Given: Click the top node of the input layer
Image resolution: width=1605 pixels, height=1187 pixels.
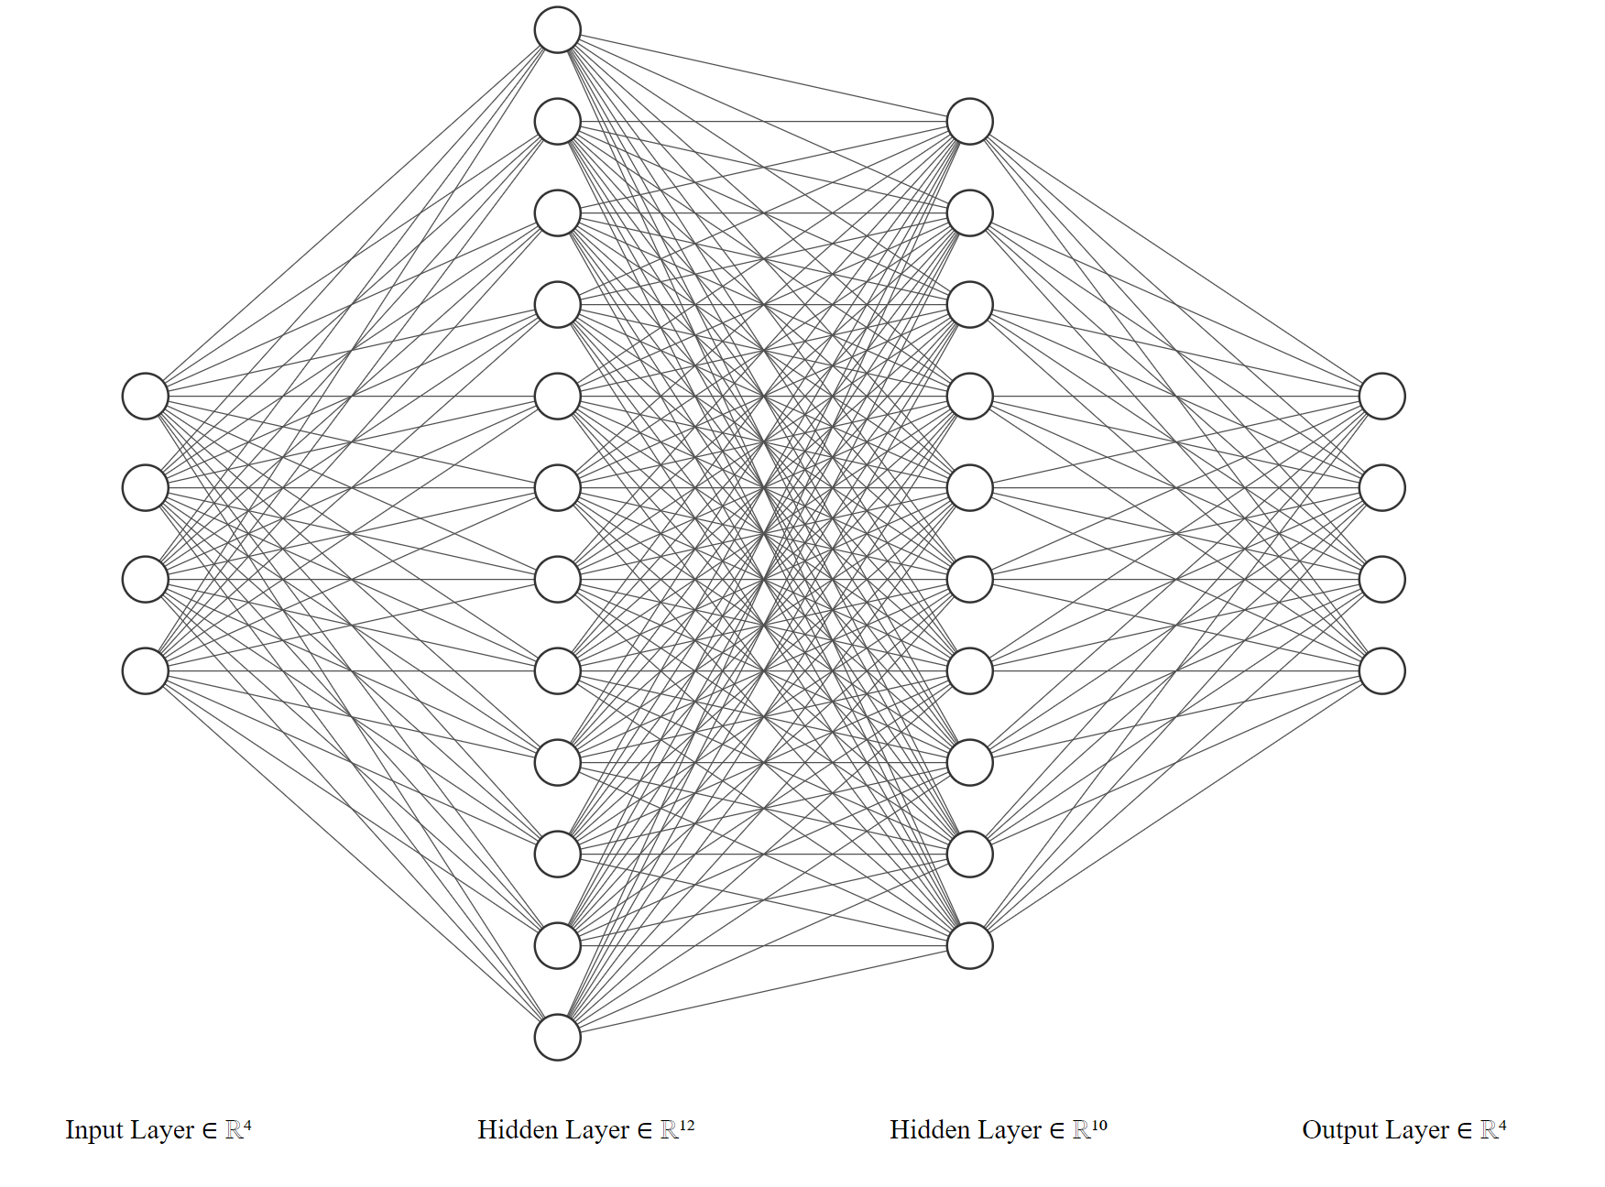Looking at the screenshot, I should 146,397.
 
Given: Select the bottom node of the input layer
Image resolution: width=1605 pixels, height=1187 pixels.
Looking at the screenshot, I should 146,671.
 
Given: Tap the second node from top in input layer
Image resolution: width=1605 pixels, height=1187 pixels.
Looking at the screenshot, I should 146,488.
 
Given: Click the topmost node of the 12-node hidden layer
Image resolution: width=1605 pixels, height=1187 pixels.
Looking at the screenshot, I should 558,30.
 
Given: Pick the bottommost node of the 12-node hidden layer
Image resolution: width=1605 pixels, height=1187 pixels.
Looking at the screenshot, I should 558,1038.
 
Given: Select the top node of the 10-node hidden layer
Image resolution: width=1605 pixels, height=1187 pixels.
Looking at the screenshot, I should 970,122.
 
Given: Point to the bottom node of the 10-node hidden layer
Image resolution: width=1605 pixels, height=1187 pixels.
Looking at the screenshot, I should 970,946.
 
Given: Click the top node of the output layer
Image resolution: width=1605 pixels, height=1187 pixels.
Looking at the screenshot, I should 1382,397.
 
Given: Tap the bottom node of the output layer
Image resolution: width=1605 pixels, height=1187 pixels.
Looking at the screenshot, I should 1382,671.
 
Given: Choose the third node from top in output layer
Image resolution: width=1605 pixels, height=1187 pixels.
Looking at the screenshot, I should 1382,580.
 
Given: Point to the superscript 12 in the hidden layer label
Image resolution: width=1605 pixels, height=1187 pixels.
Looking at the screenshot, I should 687,1125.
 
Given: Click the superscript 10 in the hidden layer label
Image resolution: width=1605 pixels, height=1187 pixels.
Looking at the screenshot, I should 1099,1125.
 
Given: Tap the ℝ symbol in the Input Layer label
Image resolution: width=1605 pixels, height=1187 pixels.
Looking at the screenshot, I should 234,1131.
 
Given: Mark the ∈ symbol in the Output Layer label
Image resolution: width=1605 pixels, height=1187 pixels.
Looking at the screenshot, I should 1463,1131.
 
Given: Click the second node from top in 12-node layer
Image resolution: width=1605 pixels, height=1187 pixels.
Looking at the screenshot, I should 558,122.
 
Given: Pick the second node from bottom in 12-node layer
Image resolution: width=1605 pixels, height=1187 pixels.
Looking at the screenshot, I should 558,946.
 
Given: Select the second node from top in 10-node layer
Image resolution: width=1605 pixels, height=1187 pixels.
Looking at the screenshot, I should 970,213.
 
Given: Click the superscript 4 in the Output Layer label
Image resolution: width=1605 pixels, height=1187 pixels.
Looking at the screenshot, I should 1502,1125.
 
